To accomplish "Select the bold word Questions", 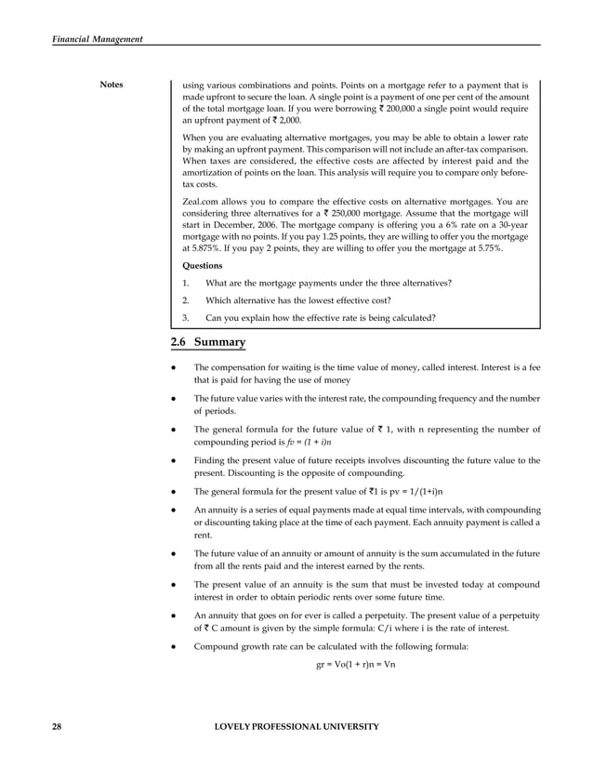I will pos(203,264).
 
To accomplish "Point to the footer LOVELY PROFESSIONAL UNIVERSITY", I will pos(296,725).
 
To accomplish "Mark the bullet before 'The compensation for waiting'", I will pos(176,368).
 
